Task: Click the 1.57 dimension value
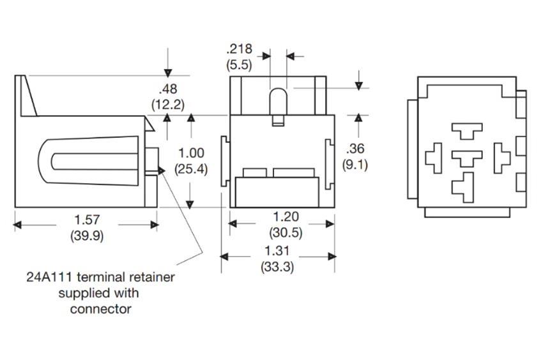tap(87, 220)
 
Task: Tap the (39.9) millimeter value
tap(87, 236)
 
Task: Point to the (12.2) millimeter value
tap(168, 103)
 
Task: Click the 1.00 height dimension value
tap(191, 153)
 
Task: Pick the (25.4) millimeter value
tap(191, 170)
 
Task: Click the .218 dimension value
tap(239, 49)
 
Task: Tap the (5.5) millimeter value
tap(239, 64)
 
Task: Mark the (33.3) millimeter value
tap(277, 267)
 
